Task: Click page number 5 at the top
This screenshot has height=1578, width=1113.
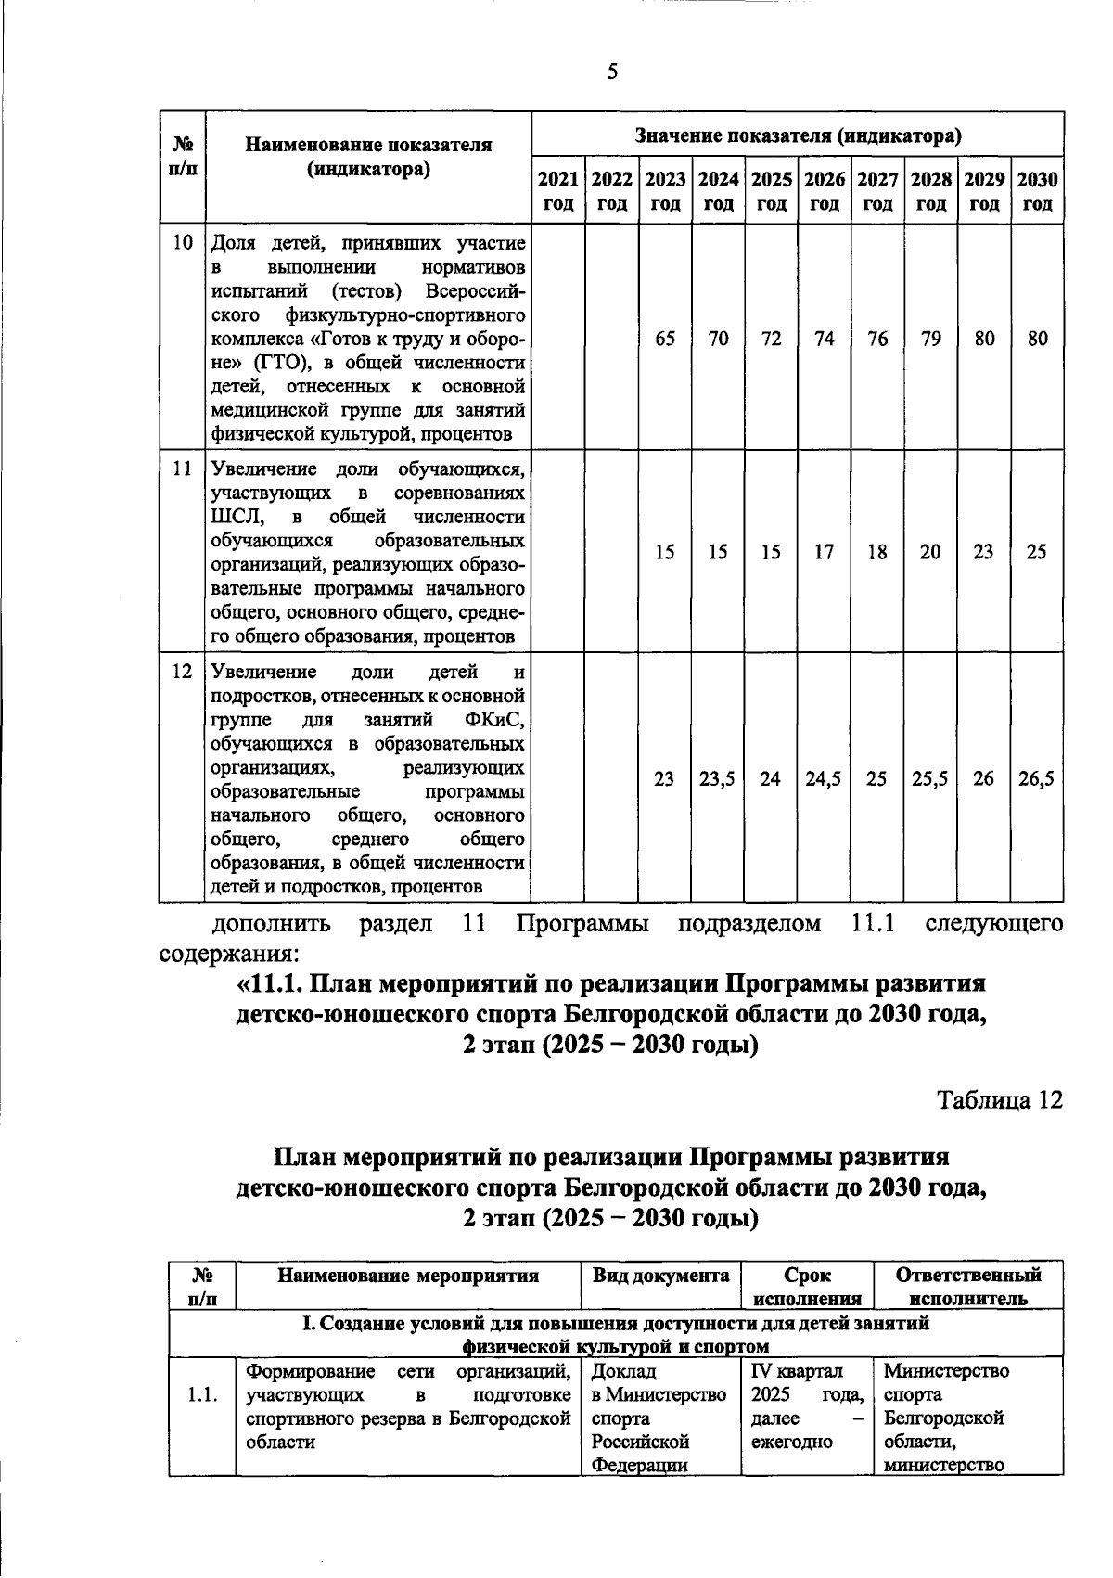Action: click(x=612, y=71)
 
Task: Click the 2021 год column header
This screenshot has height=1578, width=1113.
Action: click(x=558, y=191)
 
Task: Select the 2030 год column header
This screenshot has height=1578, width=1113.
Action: click(x=1037, y=191)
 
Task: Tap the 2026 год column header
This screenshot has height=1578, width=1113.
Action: click(x=825, y=191)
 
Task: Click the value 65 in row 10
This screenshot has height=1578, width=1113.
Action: click(x=665, y=339)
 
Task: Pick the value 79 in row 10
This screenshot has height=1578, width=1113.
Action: click(x=930, y=339)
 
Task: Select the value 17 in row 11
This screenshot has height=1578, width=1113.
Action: click(x=824, y=552)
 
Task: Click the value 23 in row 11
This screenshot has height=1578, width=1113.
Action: click(x=983, y=552)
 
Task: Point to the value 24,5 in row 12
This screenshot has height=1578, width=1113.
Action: click(x=824, y=779)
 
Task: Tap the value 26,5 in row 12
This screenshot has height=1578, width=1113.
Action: click(x=1036, y=779)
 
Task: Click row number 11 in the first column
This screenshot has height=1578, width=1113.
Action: click(x=183, y=469)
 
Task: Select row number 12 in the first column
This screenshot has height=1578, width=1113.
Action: click(x=183, y=672)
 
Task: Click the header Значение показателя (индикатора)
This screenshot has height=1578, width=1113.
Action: click(x=798, y=136)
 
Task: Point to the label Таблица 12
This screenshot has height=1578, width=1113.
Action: click(x=999, y=1100)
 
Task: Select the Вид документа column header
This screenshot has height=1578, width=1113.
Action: click(x=660, y=1276)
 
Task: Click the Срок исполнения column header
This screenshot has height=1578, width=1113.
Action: click(x=807, y=1287)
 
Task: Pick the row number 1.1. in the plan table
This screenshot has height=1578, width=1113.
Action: click(x=202, y=1394)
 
